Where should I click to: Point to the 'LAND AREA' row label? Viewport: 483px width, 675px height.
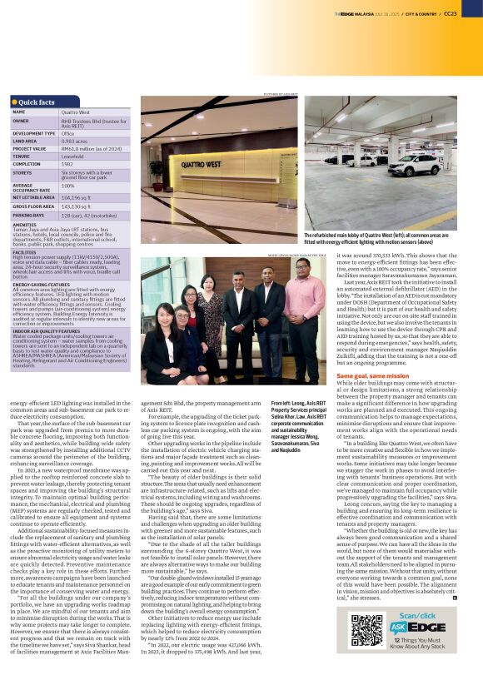pyautogui.click(x=27, y=140)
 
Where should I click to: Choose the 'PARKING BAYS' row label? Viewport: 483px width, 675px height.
pyautogui.click(x=30, y=214)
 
